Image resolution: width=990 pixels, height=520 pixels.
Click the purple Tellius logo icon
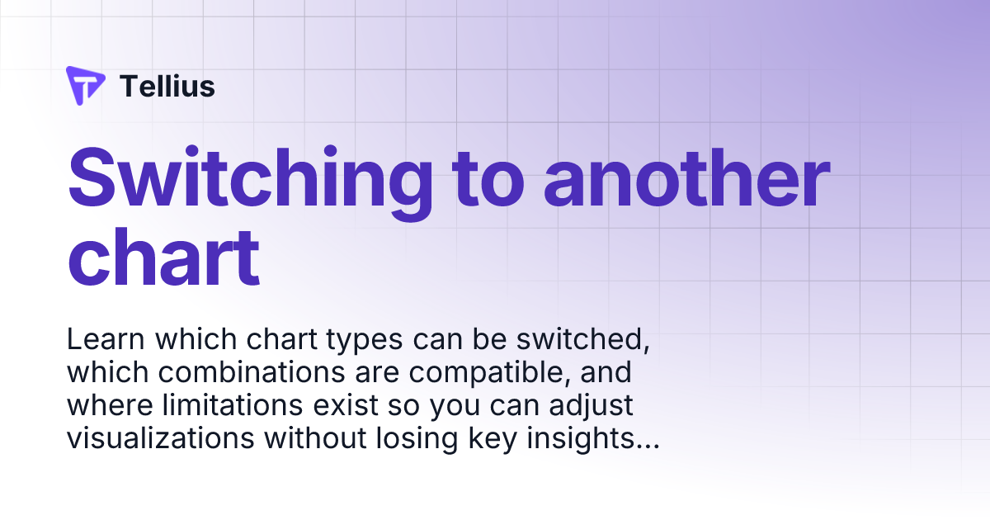tap(84, 85)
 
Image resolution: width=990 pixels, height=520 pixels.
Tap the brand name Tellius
tap(167, 86)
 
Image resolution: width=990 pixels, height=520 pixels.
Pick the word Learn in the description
tap(106, 339)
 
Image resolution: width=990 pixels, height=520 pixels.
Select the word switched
tap(583, 339)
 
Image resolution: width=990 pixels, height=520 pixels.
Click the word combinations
tap(252, 372)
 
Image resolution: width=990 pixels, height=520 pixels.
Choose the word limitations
tap(233, 405)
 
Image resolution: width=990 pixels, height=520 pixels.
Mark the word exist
tap(346, 405)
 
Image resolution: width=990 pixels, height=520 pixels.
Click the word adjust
tap(591, 407)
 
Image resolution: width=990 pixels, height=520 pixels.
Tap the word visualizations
tap(160, 438)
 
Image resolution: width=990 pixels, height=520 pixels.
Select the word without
tap(315, 438)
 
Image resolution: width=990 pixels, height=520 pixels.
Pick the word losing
tap(417, 440)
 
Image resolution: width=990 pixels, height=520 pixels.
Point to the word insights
tap(593, 440)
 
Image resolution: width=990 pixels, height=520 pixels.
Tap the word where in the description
tap(110, 405)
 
